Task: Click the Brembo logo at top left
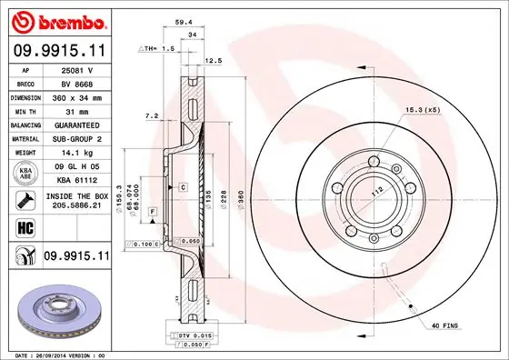click(56, 20)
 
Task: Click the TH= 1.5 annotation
click(160, 48)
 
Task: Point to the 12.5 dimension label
click(215, 61)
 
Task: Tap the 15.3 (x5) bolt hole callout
click(421, 111)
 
